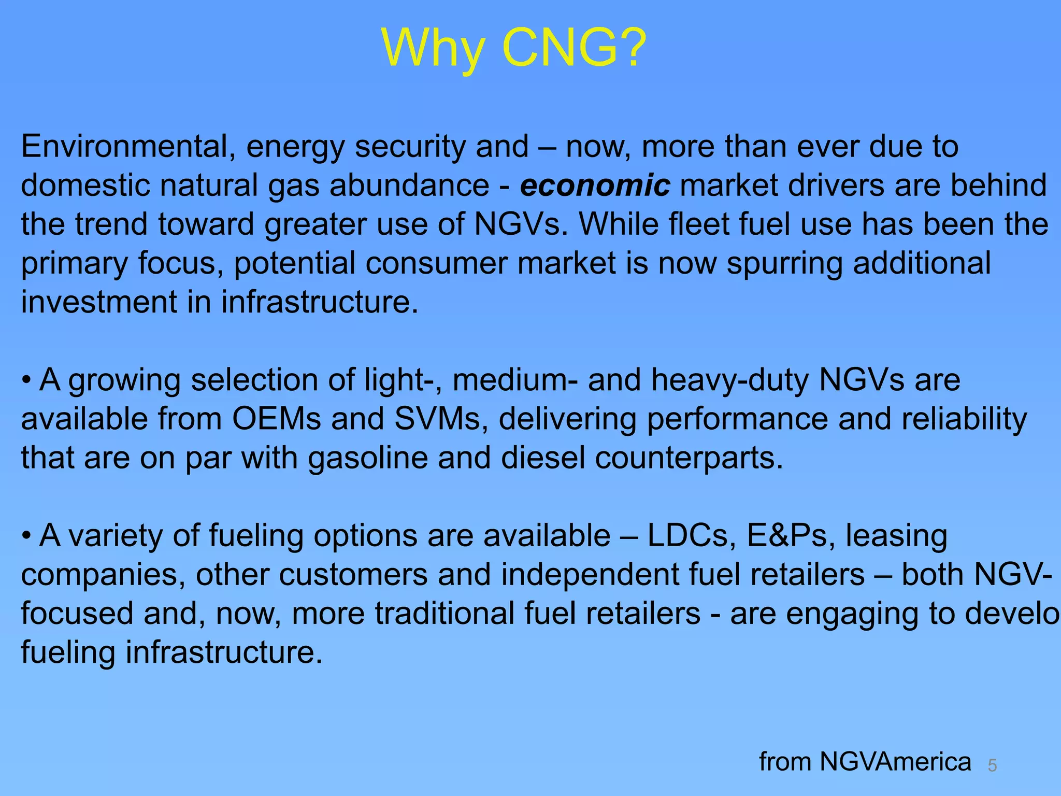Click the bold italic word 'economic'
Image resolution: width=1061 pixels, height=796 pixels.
(x=595, y=186)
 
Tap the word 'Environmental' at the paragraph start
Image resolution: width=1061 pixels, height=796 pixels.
(x=125, y=146)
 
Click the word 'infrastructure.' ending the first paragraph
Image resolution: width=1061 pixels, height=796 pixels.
(x=320, y=302)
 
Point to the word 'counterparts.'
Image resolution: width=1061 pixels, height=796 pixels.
(x=689, y=458)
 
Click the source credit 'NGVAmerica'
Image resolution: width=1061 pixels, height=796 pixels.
(x=895, y=762)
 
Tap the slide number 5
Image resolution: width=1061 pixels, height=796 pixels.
(x=992, y=765)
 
